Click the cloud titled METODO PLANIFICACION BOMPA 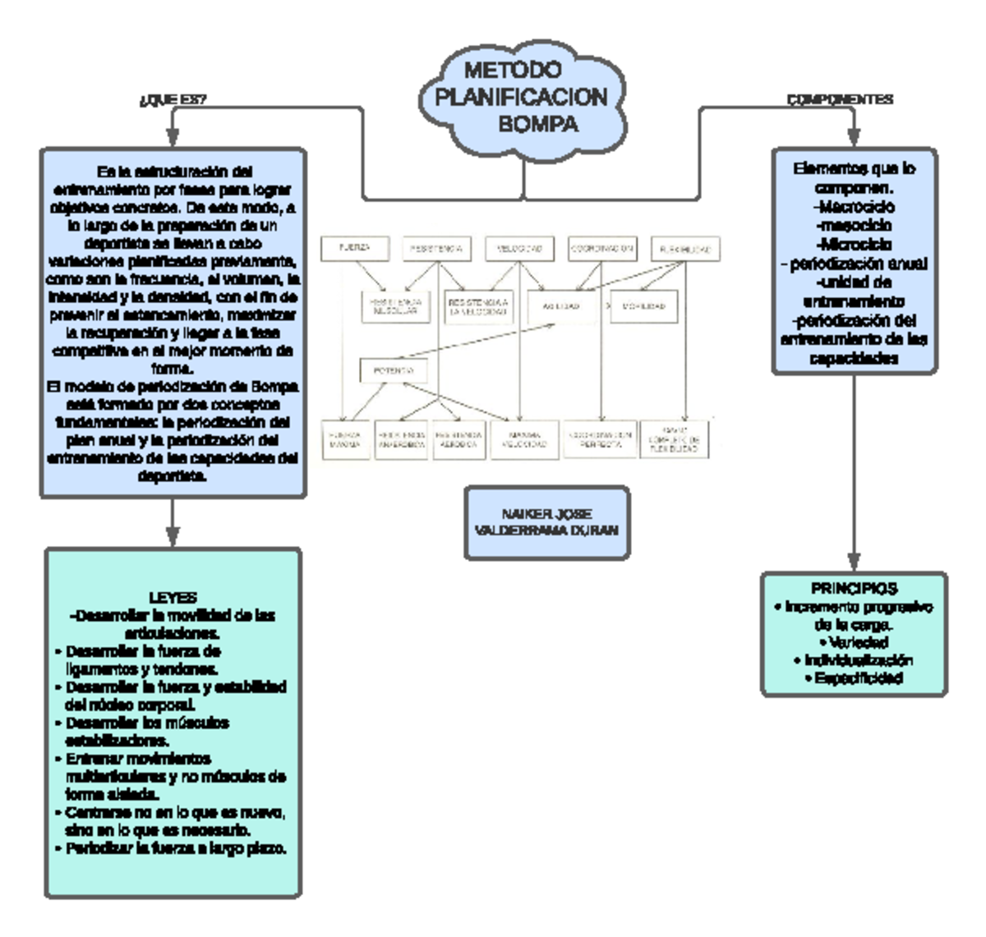point(523,98)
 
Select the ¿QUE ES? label point(173,100)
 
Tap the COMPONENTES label point(840,99)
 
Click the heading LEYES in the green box point(173,598)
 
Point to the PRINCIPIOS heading point(854,589)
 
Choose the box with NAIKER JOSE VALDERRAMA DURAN point(546,522)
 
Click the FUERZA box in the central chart point(354,247)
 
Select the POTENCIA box point(394,371)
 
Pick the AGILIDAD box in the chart point(560,306)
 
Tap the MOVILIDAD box point(643,306)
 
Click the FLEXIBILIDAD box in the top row point(684,249)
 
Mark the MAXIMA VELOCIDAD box point(523,440)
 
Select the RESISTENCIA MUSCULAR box point(396,306)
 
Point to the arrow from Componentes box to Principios point(854,472)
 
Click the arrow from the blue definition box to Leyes point(173,522)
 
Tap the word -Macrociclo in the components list point(854,207)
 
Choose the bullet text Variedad point(854,642)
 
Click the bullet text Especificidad point(854,678)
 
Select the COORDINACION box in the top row point(602,248)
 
